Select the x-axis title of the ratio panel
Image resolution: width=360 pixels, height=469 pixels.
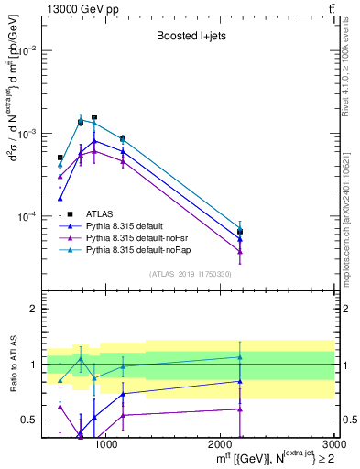point(271,458)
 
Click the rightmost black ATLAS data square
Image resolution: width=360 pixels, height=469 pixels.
point(240,232)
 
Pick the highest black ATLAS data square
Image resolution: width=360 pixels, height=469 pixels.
point(94,117)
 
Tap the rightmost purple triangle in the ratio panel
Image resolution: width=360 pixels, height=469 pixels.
point(240,409)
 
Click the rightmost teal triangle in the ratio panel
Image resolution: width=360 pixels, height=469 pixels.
point(240,357)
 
